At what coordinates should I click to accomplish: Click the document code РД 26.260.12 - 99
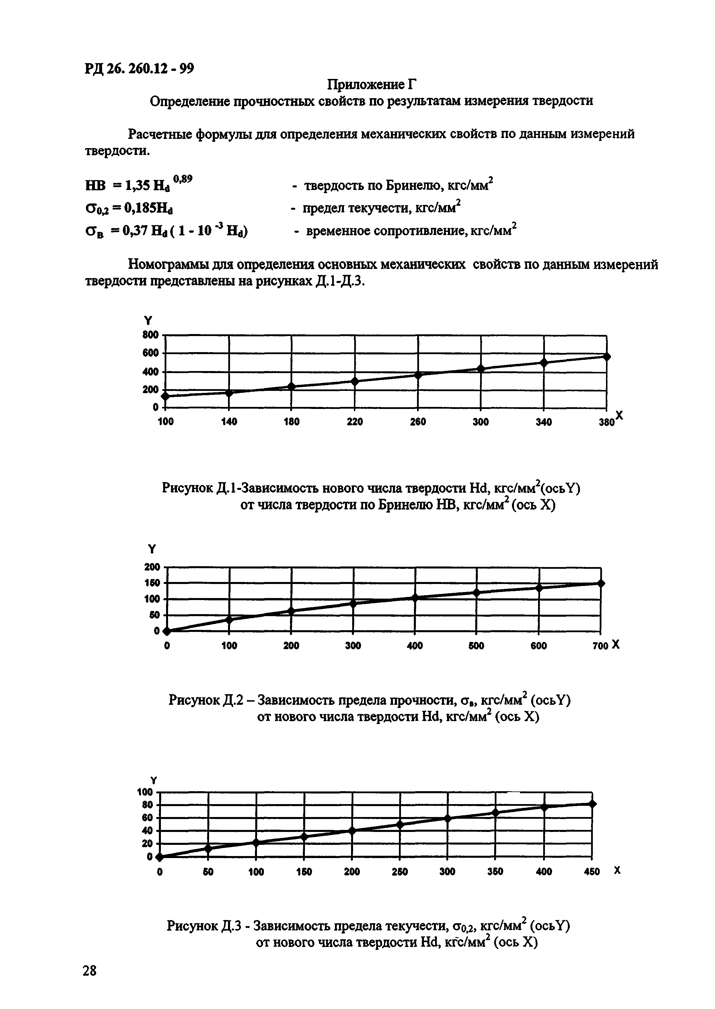click(x=139, y=69)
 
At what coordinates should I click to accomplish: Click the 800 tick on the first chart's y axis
click(x=150, y=335)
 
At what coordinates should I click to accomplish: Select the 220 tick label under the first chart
click(x=355, y=422)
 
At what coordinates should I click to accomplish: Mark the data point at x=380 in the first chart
click(x=607, y=356)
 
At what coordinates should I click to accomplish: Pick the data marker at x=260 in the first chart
click(x=418, y=375)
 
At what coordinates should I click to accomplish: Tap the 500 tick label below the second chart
click(x=476, y=646)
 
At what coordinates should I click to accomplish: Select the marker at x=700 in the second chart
click(x=601, y=583)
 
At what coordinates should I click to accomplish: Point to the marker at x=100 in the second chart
click(x=229, y=619)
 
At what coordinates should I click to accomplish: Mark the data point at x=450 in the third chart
click(x=592, y=804)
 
